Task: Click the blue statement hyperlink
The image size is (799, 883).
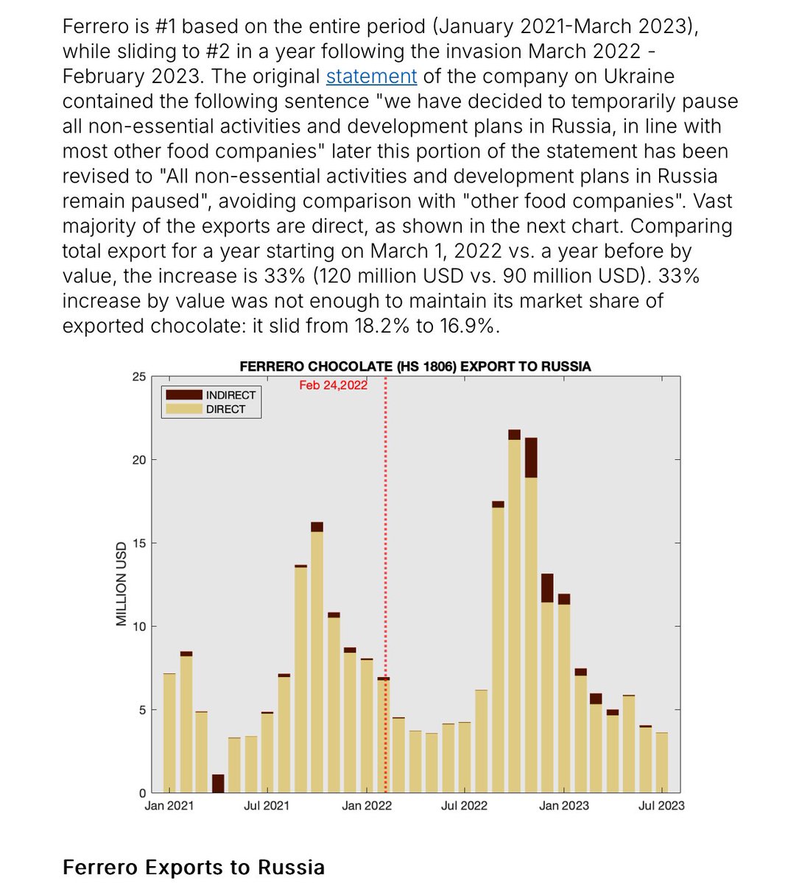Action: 371,77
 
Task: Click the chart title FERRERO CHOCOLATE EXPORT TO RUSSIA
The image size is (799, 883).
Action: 415,366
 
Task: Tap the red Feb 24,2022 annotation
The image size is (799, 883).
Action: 333,385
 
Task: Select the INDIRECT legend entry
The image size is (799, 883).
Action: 230,395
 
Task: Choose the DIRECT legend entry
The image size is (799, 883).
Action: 225,409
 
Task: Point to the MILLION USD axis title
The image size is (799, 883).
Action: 122,584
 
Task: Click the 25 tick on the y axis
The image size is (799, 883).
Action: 138,377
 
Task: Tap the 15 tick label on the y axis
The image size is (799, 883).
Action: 138,544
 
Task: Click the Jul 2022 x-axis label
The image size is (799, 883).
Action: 464,806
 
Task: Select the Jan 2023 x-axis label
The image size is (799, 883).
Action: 564,806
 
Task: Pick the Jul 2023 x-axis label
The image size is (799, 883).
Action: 661,806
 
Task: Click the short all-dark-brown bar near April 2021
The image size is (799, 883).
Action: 218,784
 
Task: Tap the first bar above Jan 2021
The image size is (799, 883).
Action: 169,733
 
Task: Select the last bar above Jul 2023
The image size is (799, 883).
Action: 661,762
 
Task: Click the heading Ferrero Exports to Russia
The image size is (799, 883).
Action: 193,868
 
